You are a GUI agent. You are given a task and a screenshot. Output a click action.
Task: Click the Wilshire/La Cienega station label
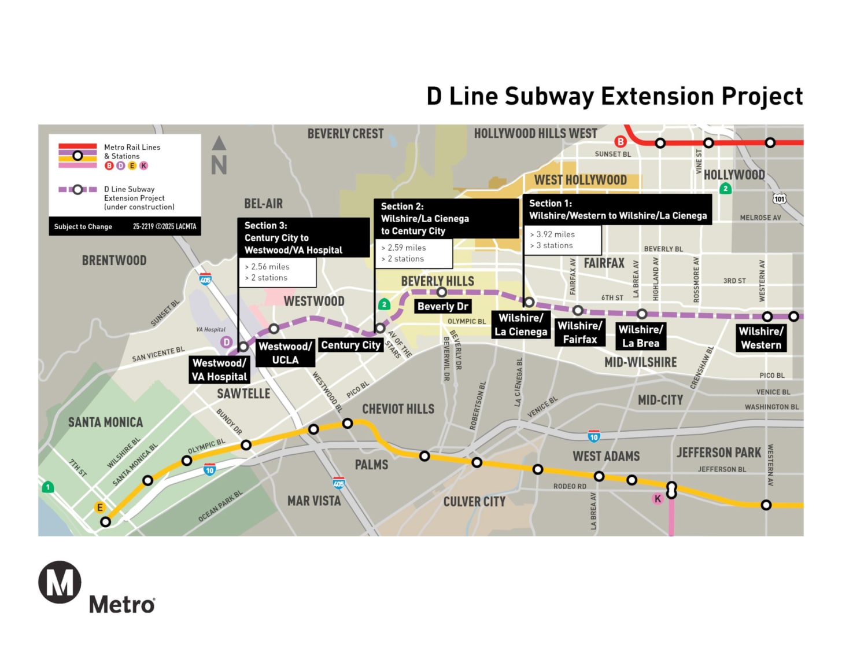[x=520, y=325]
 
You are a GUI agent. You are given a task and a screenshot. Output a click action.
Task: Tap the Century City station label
[x=350, y=345]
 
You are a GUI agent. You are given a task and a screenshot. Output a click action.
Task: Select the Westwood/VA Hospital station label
[x=219, y=370]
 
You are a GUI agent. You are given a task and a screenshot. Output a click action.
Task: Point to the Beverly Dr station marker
[x=442, y=292]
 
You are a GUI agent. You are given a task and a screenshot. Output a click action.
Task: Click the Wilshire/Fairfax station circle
[x=578, y=311]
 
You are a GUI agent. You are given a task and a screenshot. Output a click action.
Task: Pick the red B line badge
[x=621, y=141]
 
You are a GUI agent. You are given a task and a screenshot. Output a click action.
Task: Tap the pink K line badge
[x=658, y=499]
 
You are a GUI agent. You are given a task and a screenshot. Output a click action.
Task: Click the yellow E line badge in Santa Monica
[x=100, y=507]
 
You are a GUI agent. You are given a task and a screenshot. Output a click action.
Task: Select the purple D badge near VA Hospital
[x=227, y=342]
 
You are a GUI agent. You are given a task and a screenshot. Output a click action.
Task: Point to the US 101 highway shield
[x=780, y=199]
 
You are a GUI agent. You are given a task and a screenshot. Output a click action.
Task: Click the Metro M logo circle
[x=60, y=582]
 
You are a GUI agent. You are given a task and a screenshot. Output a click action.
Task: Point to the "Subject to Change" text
[x=83, y=227]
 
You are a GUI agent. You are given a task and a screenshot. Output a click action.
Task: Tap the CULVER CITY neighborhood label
[x=474, y=502]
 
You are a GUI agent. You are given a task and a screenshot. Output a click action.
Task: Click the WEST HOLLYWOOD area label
[x=580, y=180]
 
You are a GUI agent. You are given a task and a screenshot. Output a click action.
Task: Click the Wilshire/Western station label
[x=761, y=338]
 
